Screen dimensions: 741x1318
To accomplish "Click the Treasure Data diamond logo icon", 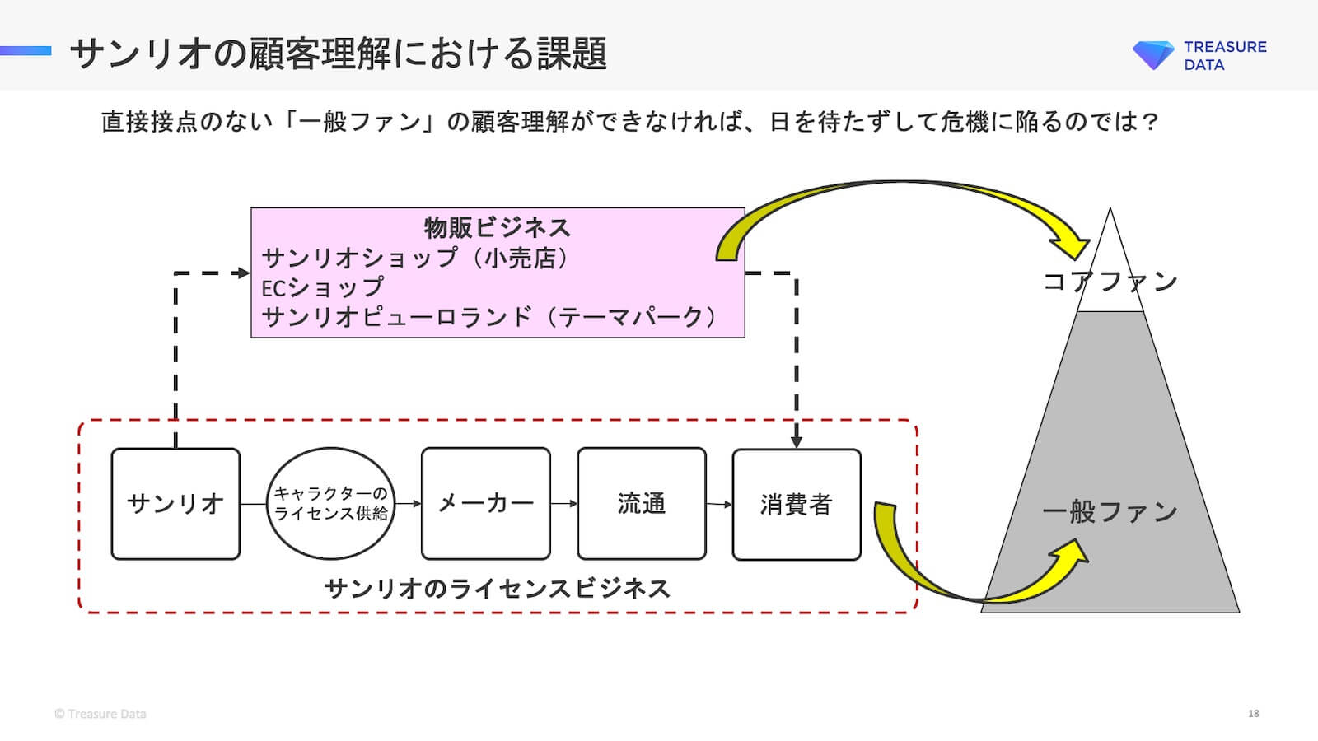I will point(1153,54).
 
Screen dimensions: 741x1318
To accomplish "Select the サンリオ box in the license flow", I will point(175,504).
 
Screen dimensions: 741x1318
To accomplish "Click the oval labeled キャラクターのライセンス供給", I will point(330,504).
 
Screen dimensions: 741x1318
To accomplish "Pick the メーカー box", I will point(485,504).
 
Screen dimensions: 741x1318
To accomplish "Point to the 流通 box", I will point(641,504).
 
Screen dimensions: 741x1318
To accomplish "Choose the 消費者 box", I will point(796,504).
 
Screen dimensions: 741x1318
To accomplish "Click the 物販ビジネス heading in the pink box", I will point(497,227).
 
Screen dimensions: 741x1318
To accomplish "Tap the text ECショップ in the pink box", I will point(322,287).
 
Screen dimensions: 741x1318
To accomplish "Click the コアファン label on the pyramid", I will point(1110,282).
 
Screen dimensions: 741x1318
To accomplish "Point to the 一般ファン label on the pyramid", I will point(1110,512).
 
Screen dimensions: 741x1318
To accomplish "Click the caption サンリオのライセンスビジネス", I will point(497,589).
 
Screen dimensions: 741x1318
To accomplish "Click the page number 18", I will point(1253,713).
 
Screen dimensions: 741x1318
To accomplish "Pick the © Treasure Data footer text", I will point(100,714).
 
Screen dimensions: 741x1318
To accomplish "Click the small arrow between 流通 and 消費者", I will point(719,504).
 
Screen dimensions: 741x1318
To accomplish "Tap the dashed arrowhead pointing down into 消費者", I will point(796,441).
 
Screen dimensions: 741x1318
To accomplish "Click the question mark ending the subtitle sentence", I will point(1151,122).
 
